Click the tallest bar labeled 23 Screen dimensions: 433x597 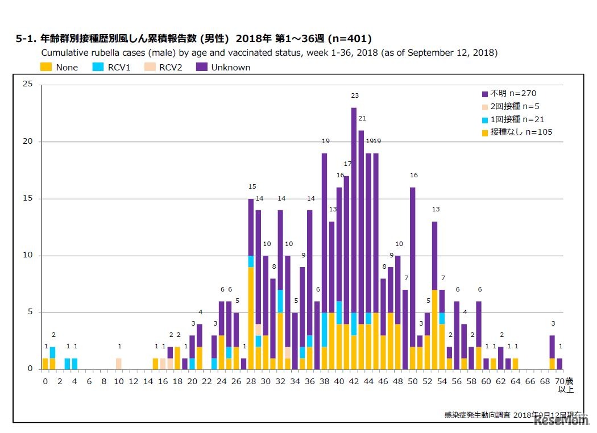pyautogui.click(x=354, y=239)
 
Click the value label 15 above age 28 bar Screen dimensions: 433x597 pyautogui.click(x=252, y=186)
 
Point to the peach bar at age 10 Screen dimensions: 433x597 pyautogui.click(x=118, y=364)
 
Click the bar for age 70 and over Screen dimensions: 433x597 pyautogui.click(x=559, y=364)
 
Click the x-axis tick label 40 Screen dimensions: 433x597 pyautogui.click(x=339, y=382)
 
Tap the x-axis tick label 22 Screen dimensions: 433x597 pyautogui.click(x=207, y=382)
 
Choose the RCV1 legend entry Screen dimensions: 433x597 pyautogui.click(x=112, y=67)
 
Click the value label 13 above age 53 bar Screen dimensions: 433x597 pyautogui.click(x=436, y=209)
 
